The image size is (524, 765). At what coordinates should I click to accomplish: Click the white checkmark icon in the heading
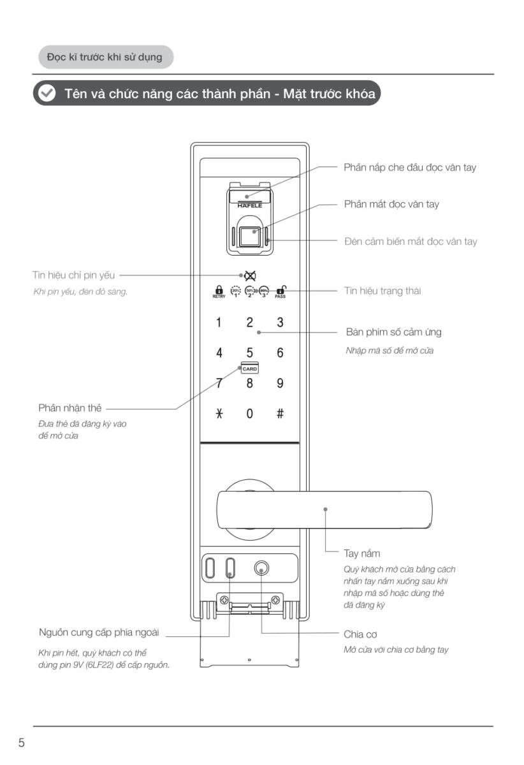click(47, 93)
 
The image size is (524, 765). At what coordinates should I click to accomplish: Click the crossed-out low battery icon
click(250, 275)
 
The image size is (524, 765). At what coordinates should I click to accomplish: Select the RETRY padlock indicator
click(219, 291)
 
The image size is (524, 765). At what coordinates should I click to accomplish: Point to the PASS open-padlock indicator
click(280, 291)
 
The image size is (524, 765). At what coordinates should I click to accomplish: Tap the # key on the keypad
click(280, 414)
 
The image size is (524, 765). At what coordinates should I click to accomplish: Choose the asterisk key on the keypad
click(219, 414)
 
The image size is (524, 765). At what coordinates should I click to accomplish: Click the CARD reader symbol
click(249, 368)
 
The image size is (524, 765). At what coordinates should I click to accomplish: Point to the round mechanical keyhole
click(261, 567)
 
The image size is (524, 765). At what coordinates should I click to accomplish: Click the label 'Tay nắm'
click(361, 553)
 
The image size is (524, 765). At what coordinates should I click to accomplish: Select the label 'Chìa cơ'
click(361, 634)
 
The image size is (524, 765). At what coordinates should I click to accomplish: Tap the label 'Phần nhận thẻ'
click(70, 408)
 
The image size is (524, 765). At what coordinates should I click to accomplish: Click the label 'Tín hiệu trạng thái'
click(382, 291)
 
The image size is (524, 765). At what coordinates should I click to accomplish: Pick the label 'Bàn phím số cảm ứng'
click(393, 332)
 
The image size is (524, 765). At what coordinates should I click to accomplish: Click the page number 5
click(22, 743)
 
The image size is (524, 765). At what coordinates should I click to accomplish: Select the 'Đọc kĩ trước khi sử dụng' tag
click(104, 57)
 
